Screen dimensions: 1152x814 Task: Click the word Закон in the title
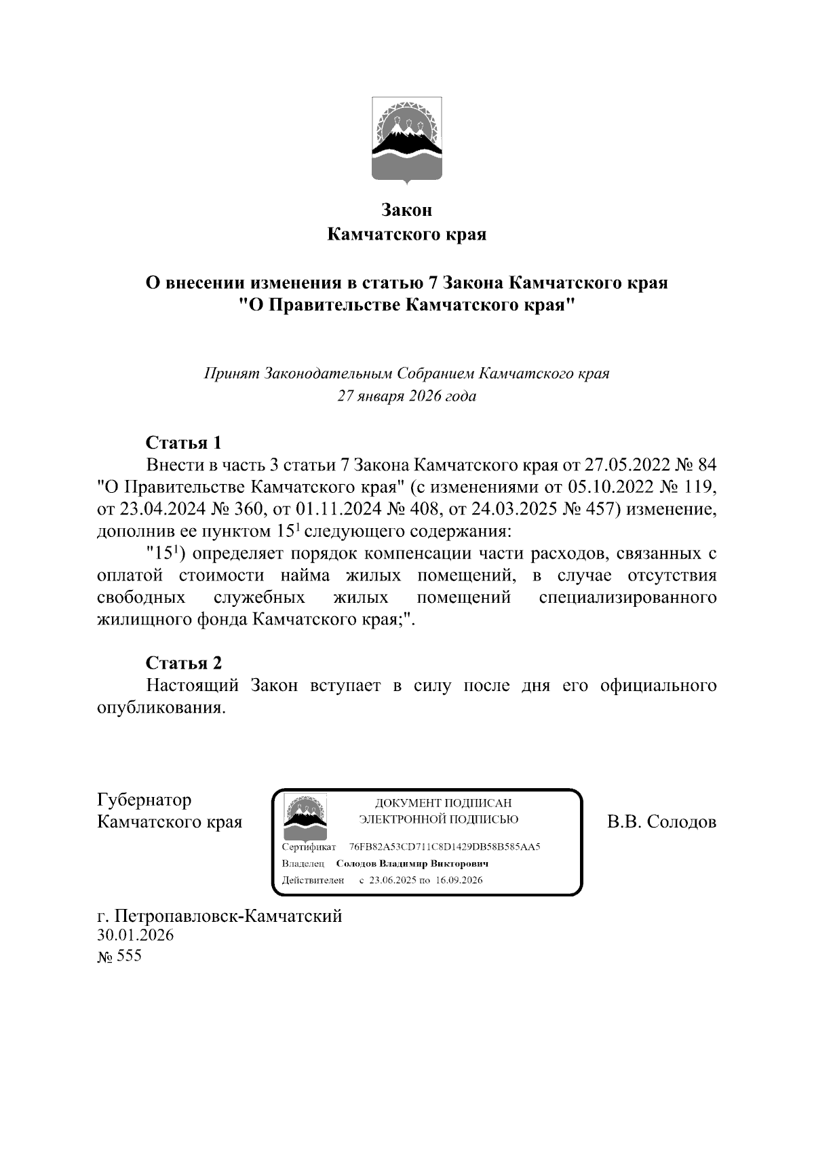[407, 210]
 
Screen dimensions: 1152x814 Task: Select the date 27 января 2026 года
[407, 396]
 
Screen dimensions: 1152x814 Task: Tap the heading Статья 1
[184, 443]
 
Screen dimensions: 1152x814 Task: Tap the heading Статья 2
[184, 663]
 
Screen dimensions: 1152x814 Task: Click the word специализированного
[627, 597]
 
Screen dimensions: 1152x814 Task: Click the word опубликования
[160, 707]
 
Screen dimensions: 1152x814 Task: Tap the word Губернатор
[144, 800]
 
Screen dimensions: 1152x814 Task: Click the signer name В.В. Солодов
[661, 822]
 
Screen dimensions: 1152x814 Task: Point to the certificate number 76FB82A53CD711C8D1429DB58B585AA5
[444, 847]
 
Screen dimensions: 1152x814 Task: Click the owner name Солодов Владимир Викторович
[412, 864]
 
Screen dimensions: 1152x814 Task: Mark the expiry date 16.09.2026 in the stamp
[459, 880]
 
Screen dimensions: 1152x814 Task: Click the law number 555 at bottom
[129, 956]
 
